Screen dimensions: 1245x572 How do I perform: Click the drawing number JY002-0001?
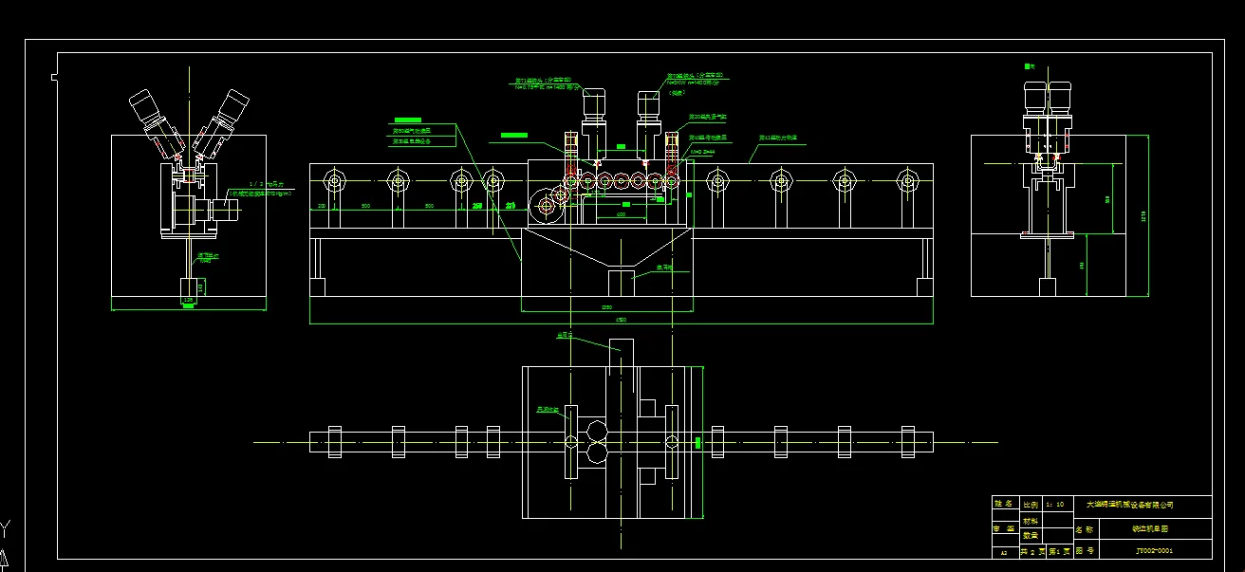(x=1154, y=550)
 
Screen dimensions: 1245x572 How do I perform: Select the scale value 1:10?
(x=1054, y=504)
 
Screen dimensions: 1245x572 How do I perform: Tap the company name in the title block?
(x=1129, y=504)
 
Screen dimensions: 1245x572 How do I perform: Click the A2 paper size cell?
(x=1003, y=551)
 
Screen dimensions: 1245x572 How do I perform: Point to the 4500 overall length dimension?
(x=622, y=320)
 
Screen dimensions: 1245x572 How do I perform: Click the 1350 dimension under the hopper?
(x=606, y=307)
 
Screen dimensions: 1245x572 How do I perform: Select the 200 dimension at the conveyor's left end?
(x=321, y=206)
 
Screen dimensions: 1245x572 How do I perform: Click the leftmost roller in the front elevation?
(x=334, y=180)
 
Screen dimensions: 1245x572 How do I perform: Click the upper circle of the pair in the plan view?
(x=599, y=433)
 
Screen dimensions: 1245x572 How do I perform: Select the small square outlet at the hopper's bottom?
(x=621, y=283)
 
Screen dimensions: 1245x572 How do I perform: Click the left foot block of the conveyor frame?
(x=318, y=286)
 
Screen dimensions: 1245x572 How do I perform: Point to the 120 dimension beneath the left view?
(x=188, y=301)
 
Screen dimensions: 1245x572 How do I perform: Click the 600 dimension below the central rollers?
(x=621, y=214)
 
